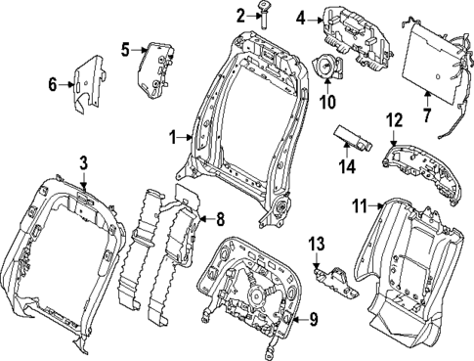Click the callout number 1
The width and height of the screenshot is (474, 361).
pyautogui.click(x=174, y=138)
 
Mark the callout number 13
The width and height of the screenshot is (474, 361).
pyautogui.click(x=316, y=243)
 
